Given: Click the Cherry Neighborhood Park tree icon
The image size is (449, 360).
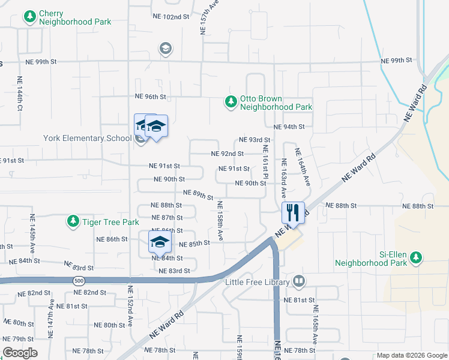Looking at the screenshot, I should click(x=29, y=17).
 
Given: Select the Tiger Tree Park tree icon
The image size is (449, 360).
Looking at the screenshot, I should click(x=73, y=222).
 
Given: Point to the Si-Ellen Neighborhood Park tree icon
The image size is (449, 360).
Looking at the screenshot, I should click(x=415, y=258).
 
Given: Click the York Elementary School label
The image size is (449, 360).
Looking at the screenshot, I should click(x=87, y=138).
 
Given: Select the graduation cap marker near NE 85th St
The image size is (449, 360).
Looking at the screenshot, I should click(x=160, y=242).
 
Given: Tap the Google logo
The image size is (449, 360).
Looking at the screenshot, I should click(x=19, y=353).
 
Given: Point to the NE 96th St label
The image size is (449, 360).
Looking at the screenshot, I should click(x=150, y=97).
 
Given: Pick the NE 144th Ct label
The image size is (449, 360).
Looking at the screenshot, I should click(x=20, y=92).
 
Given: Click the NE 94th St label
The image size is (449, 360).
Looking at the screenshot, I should click(x=289, y=127).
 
